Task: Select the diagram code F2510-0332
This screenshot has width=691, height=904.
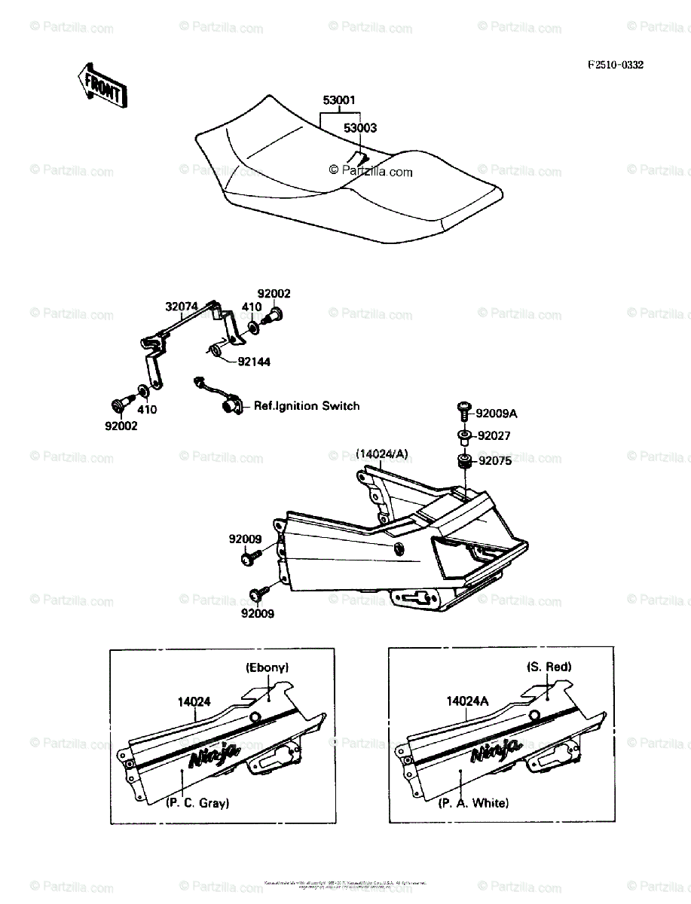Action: tap(616, 66)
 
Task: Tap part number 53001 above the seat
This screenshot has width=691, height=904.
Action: tap(339, 100)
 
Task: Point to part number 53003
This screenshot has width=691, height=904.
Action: tap(360, 128)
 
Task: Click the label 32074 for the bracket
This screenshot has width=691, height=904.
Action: tap(182, 307)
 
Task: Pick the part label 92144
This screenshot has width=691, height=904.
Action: tap(254, 362)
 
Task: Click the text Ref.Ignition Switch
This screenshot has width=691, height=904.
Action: tap(307, 406)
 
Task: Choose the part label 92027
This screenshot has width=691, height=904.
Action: tap(494, 435)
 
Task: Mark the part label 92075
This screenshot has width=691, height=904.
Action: tap(494, 460)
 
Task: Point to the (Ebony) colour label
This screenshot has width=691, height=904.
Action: tap(267, 667)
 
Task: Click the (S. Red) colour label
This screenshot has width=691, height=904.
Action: tap(548, 667)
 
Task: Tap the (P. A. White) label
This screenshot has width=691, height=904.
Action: tap(473, 803)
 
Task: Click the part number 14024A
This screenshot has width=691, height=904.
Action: tap(467, 701)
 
